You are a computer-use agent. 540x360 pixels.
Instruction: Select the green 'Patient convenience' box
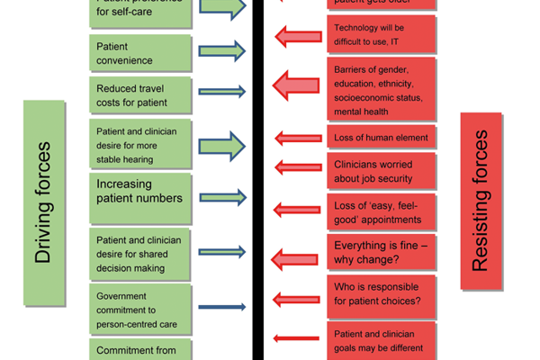pos(140,52)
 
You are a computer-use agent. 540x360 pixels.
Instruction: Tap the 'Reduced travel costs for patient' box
pos(140,94)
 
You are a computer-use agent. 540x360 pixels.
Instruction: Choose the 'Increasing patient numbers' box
pos(140,196)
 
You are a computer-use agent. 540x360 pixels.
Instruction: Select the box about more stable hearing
pos(140,145)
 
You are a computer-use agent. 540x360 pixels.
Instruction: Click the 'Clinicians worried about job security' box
pos(383,173)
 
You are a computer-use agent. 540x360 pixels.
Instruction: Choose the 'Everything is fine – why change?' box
pos(383,252)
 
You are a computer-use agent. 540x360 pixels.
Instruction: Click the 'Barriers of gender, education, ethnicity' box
pos(383,89)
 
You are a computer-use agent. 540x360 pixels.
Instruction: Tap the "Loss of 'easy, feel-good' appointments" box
pos(383,211)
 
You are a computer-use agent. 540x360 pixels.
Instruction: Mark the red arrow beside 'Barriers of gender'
pos(298,85)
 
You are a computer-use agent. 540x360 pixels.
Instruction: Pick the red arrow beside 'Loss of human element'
pos(298,138)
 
